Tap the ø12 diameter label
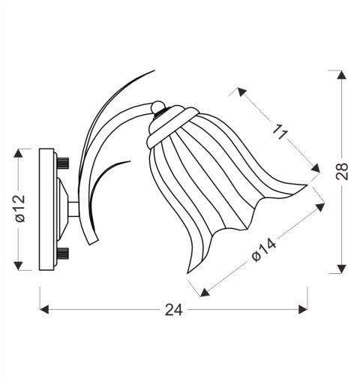pyautogui.click(x=19, y=209)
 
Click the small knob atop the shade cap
pyautogui.click(x=157, y=107)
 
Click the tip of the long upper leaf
pyautogui.click(x=153, y=72)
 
